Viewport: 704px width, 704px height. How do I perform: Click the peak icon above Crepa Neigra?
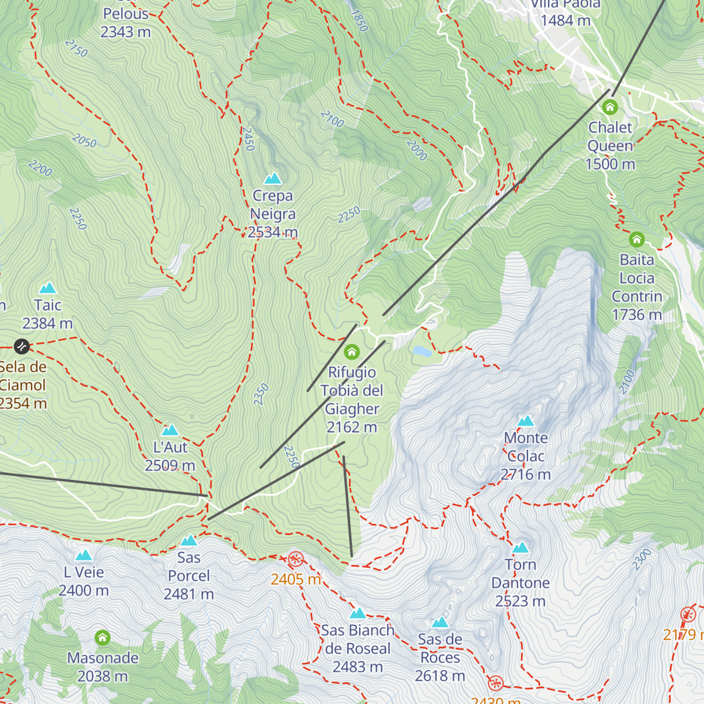(x=272, y=178)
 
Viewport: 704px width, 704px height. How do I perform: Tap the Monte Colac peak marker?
(x=526, y=421)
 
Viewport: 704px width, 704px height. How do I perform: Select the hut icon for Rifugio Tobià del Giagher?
(x=352, y=352)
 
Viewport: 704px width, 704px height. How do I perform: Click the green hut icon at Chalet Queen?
(x=610, y=107)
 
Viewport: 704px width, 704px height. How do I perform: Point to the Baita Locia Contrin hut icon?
(x=637, y=239)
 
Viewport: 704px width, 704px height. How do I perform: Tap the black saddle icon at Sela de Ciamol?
(x=22, y=347)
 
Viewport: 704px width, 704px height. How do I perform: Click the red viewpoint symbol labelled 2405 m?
(x=296, y=559)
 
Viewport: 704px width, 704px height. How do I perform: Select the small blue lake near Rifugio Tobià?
(x=422, y=351)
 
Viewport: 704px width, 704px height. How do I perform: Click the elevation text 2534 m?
(x=273, y=232)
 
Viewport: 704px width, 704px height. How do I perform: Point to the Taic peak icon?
(x=48, y=288)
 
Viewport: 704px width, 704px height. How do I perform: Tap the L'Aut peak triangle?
(x=170, y=430)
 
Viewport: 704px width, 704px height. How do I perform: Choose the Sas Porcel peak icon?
(x=188, y=540)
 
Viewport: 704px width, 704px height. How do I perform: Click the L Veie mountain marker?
(x=84, y=555)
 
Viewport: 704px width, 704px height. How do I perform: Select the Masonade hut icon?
(x=103, y=638)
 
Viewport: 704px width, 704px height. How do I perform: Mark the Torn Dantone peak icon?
(x=520, y=548)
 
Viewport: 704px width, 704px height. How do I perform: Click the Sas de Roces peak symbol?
(x=440, y=622)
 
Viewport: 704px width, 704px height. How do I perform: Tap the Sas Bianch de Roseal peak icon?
(x=358, y=614)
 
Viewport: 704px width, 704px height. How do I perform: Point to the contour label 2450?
(x=248, y=139)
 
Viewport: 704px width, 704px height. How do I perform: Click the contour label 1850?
(x=359, y=21)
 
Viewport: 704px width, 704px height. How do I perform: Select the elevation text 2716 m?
(x=526, y=475)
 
